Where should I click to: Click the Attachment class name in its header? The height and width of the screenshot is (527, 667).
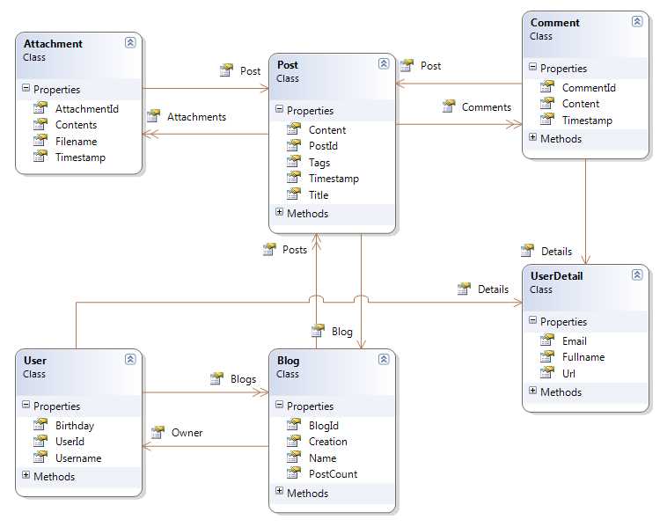click(53, 43)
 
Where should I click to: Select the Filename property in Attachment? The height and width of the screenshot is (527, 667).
click(76, 141)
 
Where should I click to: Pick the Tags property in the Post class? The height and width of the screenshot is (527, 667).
click(319, 163)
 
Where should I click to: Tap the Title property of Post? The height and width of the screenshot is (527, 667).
click(319, 195)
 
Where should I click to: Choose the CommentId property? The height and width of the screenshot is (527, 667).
click(589, 87)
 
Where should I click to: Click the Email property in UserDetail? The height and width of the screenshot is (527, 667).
click(575, 340)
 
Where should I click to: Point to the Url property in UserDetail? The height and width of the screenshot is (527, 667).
click(569, 373)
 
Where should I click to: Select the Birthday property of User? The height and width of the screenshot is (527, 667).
click(74, 425)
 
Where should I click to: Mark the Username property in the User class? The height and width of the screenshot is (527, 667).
click(77, 457)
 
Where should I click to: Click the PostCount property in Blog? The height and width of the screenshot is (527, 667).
click(333, 474)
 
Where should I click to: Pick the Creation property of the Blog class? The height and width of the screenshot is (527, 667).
click(327, 442)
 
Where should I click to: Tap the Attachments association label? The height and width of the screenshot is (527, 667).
click(196, 116)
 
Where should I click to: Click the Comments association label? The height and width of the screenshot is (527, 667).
click(486, 107)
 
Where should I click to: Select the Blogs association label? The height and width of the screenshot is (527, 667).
click(243, 379)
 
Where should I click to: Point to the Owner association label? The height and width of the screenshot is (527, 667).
click(187, 432)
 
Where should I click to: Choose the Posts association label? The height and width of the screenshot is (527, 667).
click(295, 250)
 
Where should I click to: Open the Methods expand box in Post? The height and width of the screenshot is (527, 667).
click(279, 212)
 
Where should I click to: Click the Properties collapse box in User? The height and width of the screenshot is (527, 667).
click(26, 406)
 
